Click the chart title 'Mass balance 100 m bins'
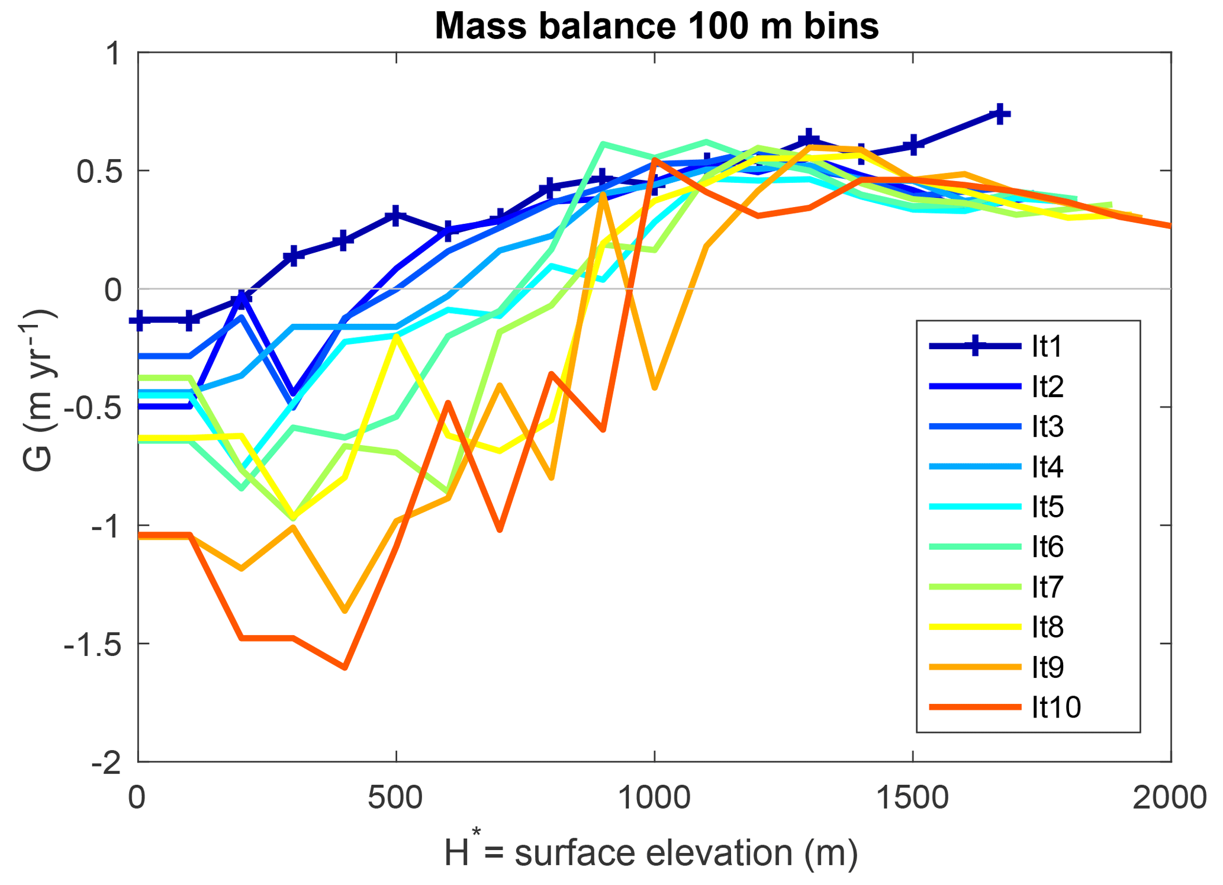[x=656, y=27]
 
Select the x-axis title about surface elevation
[x=651, y=853]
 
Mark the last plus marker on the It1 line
[x=1000, y=114]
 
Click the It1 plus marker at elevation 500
[x=395, y=215]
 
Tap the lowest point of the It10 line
[x=345, y=668]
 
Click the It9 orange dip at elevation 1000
[x=655, y=388]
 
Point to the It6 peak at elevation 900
[x=603, y=144]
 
